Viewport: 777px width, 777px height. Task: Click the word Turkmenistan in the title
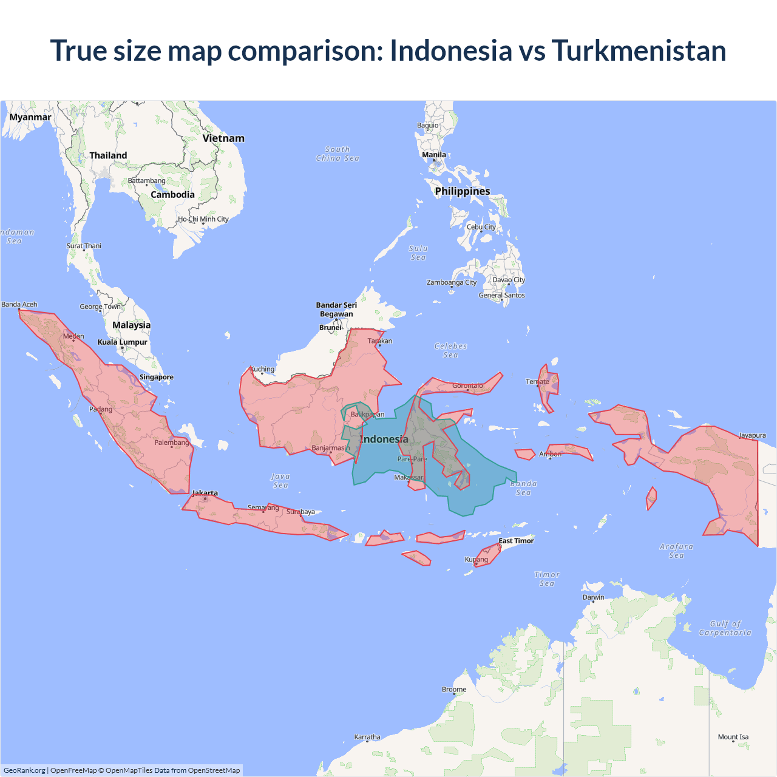pyautogui.click(x=639, y=50)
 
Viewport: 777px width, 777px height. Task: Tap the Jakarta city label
pyautogui.click(x=205, y=493)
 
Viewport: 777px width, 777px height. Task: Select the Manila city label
pyautogui.click(x=434, y=155)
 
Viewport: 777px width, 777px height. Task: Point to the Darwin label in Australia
pyautogui.click(x=593, y=597)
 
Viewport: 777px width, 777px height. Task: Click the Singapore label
pyautogui.click(x=157, y=377)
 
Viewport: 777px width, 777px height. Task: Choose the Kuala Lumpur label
pyautogui.click(x=123, y=342)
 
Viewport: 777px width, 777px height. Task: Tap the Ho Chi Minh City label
pyautogui.click(x=203, y=219)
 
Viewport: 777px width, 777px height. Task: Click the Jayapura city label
pyautogui.click(x=752, y=435)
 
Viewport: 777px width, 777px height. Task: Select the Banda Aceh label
pyautogui.click(x=19, y=304)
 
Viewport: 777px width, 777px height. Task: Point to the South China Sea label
pyautogui.click(x=338, y=154)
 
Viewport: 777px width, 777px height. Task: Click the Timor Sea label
pyautogui.click(x=547, y=579)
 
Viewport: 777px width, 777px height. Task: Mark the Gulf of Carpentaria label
pyautogui.click(x=725, y=628)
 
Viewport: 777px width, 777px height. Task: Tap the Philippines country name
pyautogui.click(x=463, y=191)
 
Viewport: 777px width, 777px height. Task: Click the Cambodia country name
pyautogui.click(x=172, y=195)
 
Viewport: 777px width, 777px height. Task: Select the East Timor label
pyautogui.click(x=516, y=541)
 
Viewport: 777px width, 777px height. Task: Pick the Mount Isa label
pyautogui.click(x=733, y=737)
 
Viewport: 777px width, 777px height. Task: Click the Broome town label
pyautogui.click(x=454, y=690)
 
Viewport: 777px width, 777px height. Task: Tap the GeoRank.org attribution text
pyautogui.click(x=24, y=770)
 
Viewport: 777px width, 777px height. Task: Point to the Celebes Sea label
pyautogui.click(x=450, y=350)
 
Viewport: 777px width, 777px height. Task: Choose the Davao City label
pyautogui.click(x=509, y=280)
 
